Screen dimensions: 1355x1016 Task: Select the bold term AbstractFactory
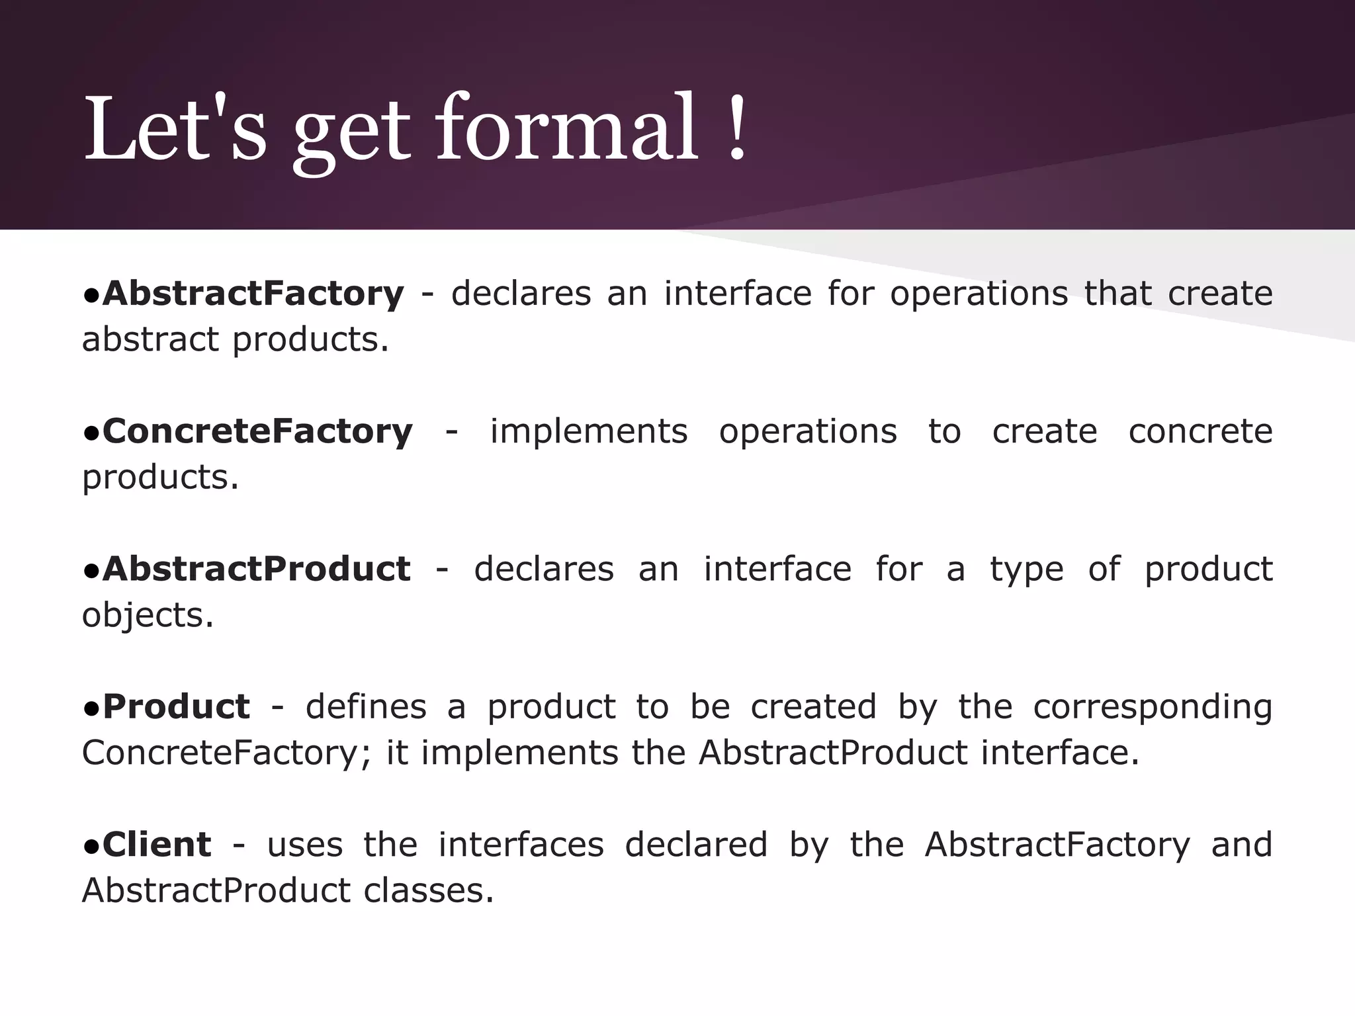253,294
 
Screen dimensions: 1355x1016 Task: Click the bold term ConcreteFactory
257,431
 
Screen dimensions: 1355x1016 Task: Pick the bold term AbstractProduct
256,569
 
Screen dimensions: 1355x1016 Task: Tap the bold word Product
176,706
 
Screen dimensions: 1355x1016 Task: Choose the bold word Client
157,845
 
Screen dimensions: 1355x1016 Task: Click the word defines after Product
366,706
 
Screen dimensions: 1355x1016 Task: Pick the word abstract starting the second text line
150,340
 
